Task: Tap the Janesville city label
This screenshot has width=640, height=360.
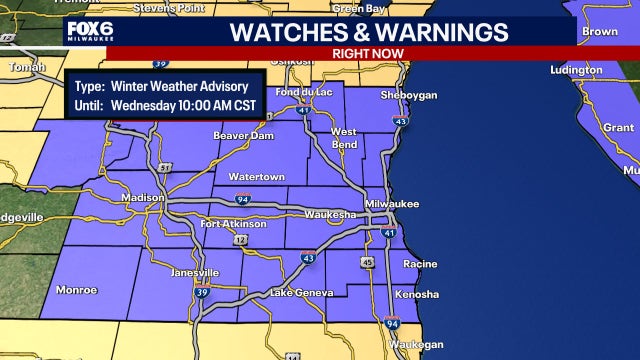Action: [195, 272]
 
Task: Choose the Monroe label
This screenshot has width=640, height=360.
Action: [77, 290]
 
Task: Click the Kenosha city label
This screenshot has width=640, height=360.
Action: [416, 294]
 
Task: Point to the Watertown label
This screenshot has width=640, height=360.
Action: [256, 177]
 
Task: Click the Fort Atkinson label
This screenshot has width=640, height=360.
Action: [233, 224]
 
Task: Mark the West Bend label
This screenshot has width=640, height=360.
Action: [343, 138]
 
